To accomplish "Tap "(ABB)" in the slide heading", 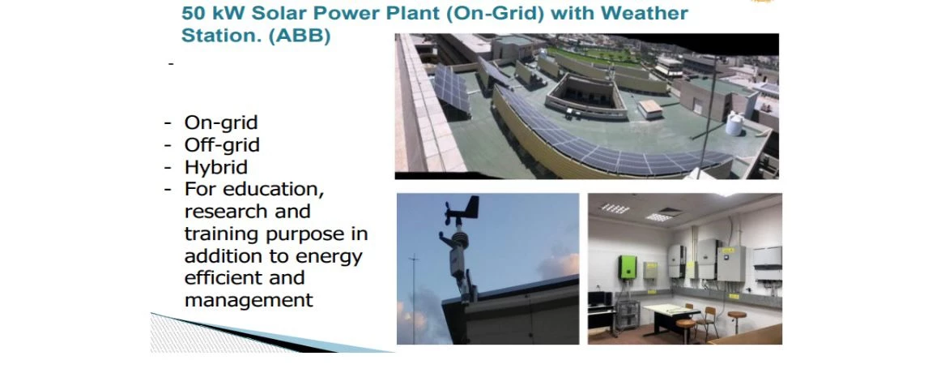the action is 300,36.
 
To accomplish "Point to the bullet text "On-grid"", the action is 221,122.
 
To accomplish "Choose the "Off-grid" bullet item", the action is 222,145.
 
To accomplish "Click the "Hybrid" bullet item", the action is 215,167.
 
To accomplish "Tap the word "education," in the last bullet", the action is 274,189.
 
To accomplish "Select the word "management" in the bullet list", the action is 249,300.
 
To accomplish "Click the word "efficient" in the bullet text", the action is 223,277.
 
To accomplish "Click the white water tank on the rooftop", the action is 734,123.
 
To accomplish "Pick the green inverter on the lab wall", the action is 628,268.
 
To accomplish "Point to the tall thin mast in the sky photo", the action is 414,298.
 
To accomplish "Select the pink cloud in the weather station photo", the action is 560,266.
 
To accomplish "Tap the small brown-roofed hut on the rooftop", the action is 649,109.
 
